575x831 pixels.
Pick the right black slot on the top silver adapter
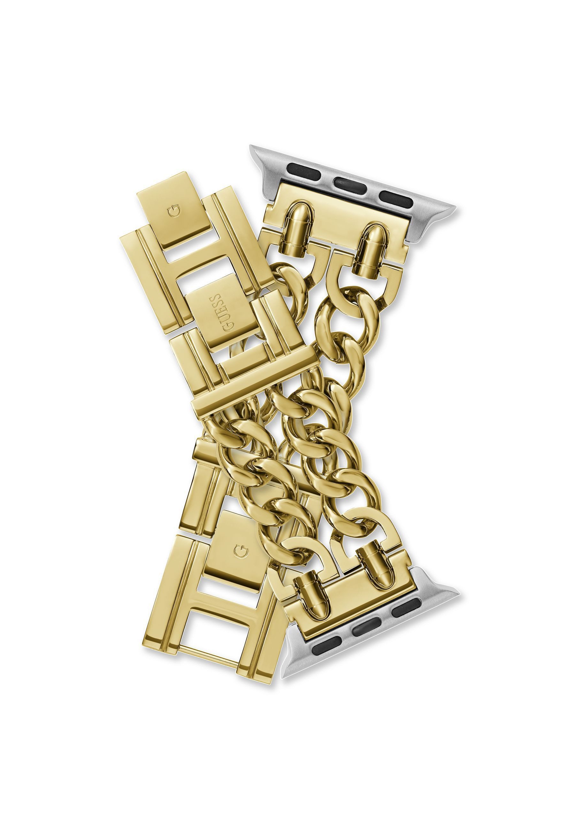tap(393, 197)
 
